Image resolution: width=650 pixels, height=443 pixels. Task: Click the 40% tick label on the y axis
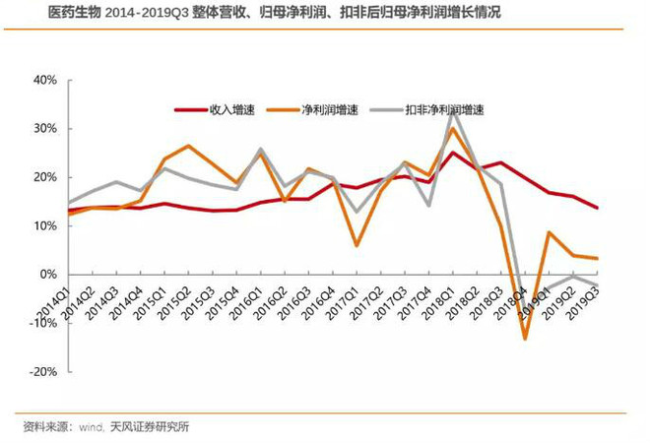tap(45, 80)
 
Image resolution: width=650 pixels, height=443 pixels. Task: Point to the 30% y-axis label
tap(45, 128)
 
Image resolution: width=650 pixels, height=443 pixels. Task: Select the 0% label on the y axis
tap(48, 275)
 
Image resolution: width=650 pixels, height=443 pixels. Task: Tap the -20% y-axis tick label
tap(43, 372)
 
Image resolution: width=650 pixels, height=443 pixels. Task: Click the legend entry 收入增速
tap(215, 110)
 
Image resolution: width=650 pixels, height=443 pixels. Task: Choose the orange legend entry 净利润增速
tap(312, 110)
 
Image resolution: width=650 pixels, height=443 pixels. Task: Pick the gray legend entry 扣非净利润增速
tap(427, 110)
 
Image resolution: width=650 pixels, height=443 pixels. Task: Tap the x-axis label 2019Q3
tap(581, 302)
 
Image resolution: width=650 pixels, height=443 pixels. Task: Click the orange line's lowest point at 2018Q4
tap(525, 340)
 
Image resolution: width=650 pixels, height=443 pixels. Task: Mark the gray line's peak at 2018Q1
tap(453, 112)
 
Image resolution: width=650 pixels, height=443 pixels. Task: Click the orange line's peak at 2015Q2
tap(188, 146)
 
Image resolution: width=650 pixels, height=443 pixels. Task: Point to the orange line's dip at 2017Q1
tap(357, 246)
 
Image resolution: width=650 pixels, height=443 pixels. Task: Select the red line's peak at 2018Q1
tap(453, 153)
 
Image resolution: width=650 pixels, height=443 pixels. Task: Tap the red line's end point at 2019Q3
tap(597, 208)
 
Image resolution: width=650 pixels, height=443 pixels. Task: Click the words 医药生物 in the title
tap(75, 13)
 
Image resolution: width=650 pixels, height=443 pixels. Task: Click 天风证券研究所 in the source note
tap(150, 426)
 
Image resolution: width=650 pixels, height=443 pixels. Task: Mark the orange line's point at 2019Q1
tap(549, 232)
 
